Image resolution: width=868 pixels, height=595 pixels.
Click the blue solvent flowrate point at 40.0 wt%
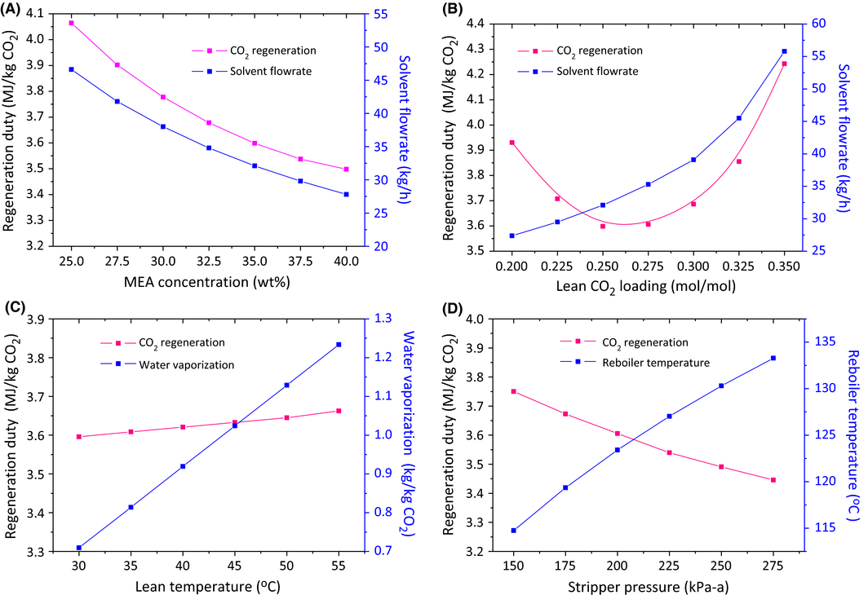click(x=347, y=194)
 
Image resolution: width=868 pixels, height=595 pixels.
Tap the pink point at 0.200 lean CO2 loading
click(x=511, y=143)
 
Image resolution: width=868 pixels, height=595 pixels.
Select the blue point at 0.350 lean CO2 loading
click(x=784, y=51)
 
